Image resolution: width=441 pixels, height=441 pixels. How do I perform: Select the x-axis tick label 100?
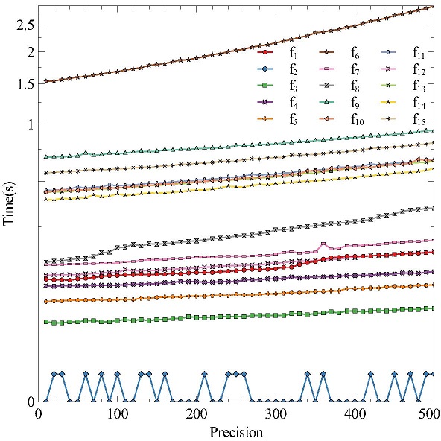117,414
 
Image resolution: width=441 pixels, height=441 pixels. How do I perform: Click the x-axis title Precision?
235,431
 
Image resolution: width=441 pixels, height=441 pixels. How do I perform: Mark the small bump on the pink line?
323,244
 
